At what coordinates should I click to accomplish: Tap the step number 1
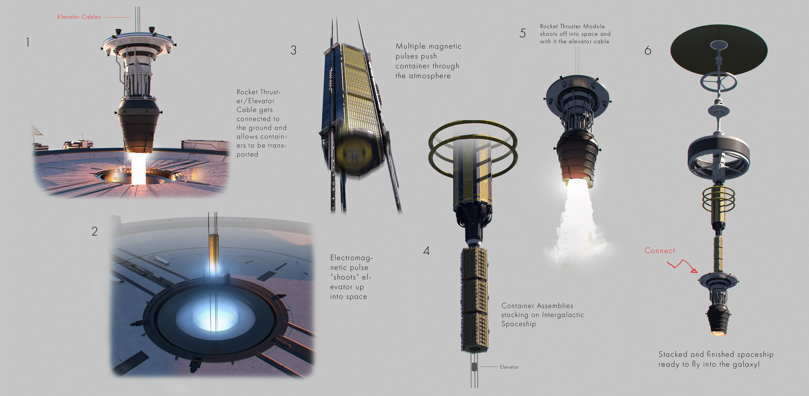28,42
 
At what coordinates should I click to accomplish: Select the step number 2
95,231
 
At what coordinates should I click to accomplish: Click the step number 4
426,251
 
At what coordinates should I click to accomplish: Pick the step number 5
522,33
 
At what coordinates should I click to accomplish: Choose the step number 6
648,51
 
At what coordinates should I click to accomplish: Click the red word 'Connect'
659,251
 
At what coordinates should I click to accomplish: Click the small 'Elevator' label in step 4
509,367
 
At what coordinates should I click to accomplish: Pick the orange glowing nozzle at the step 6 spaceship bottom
718,332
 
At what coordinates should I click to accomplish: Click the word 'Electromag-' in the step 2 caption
351,258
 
